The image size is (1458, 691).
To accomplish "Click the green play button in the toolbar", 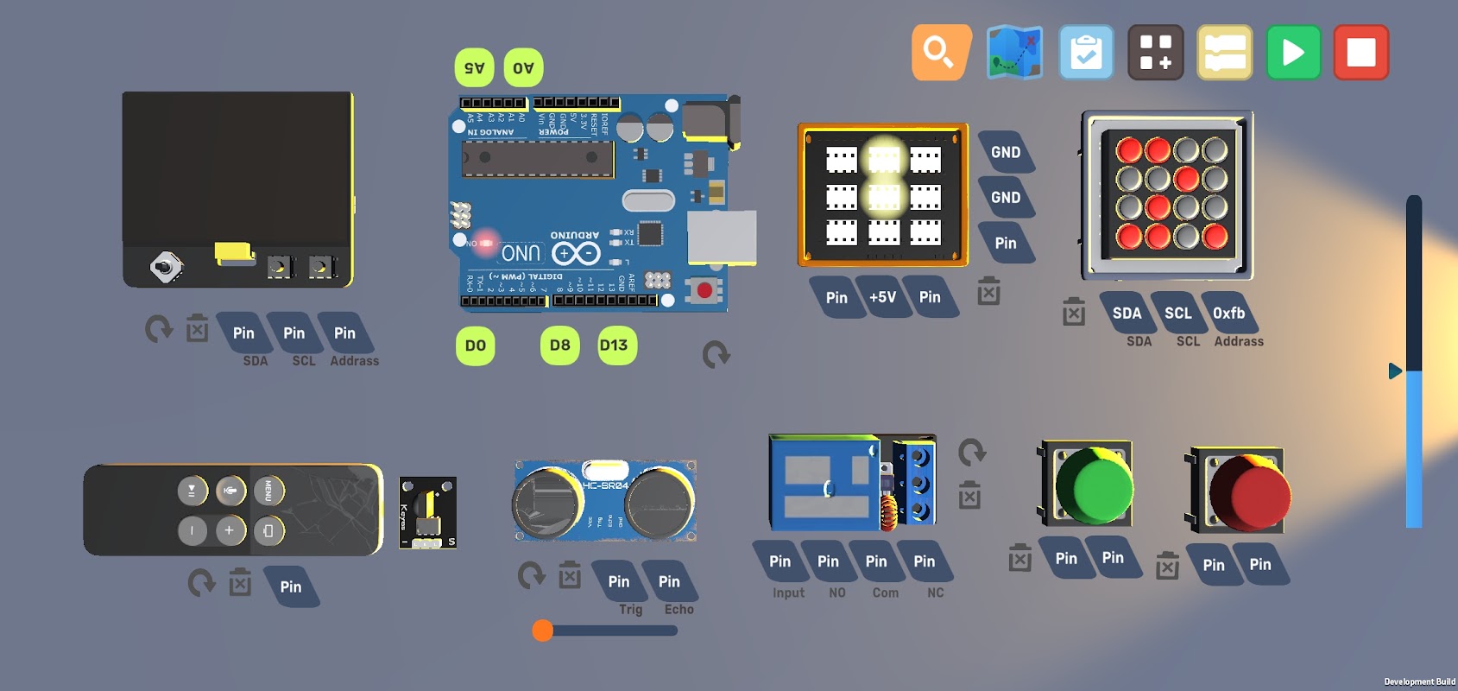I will click(1293, 53).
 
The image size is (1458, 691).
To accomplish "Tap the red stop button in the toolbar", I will click(1360, 53).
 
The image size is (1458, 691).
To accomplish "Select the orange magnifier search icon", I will click(940, 53).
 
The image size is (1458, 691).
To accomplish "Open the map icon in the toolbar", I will click(1014, 53).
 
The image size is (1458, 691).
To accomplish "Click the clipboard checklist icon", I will click(1086, 53).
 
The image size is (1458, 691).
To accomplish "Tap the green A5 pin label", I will click(475, 67).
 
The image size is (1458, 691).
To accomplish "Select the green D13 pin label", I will click(615, 345).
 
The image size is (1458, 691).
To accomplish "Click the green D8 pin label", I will click(560, 345).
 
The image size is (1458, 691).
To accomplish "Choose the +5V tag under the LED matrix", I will click(882, 297).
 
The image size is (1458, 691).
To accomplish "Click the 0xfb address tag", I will click(1228, 313).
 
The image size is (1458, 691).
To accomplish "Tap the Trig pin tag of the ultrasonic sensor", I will click(619, 581).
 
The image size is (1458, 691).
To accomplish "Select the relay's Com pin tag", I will click(876, 561).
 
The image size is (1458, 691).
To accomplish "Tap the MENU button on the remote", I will click(268, 491).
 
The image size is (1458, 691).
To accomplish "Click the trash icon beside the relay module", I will click(969, 496).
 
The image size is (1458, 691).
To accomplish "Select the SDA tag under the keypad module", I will click(1127, 313).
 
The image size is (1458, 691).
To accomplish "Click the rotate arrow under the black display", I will click(158, 329).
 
